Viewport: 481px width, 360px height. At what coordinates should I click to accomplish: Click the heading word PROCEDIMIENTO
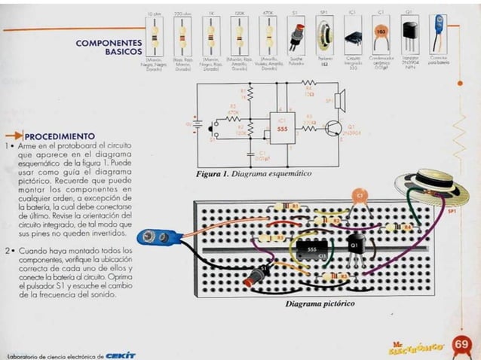click(x=60, y=136)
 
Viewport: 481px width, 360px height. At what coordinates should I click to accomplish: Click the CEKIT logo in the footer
click(x=121, y=355)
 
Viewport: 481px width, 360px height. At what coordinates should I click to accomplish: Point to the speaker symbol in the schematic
click(x=339, y=99)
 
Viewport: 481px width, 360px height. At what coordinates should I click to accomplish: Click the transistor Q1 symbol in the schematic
click(x=330, y=129)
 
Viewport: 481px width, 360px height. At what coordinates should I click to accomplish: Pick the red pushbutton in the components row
click(x=295, y=36)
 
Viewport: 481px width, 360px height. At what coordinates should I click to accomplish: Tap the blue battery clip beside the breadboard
click(x=160, y=237)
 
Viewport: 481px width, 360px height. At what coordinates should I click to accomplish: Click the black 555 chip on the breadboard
click(x=310, y=249)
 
